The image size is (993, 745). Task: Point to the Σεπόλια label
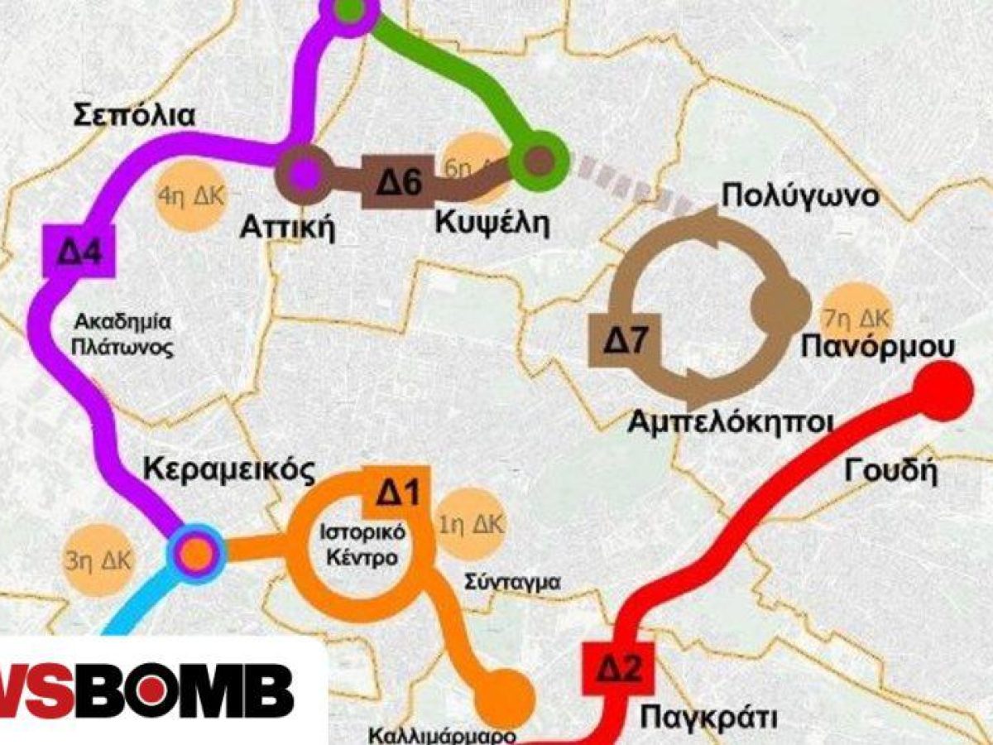coord(135,116)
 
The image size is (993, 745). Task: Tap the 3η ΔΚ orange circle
coord(96,558)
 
